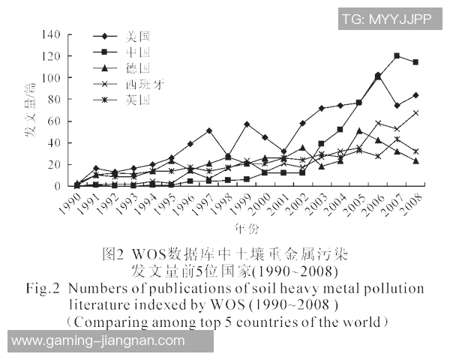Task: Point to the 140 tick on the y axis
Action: click(x=51, y=34)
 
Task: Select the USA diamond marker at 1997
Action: click(x=208, y=130)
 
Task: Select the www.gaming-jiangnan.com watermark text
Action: click(x=97, y=340)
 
